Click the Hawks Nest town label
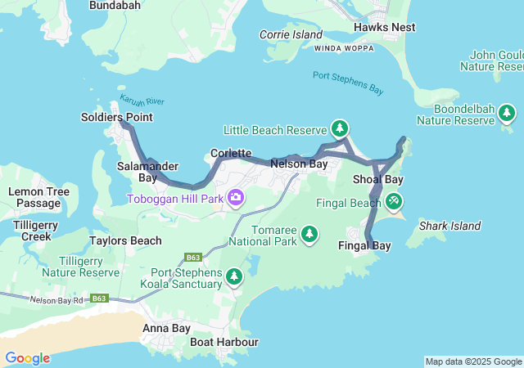tap(384, 27)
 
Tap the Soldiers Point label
tap(116, 117)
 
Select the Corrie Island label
tap(291, 34)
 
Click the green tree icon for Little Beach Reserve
tap(340, 129)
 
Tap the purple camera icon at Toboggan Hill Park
tap(236, 198)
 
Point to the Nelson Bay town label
tap(299, 164)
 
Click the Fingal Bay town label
tap(364, 245)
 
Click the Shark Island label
tap(449, 226)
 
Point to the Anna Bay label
tap(166, 328)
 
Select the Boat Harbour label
tap(224, 342)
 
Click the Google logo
tap(27, 358)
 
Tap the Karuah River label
tap(142, 101)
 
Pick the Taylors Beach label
tap(125, 240)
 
